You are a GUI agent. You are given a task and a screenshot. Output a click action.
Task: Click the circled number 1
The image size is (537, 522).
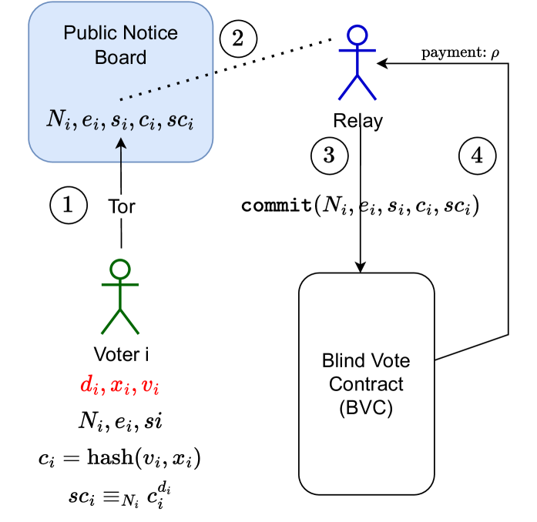[68, 205]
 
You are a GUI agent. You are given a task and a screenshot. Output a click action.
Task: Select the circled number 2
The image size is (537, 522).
[238, 38]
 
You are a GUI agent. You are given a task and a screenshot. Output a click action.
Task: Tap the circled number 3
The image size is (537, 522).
[329, 156]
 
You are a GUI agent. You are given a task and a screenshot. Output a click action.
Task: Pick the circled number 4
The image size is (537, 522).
[477, 156]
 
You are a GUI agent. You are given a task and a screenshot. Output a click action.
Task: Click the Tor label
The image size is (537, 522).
[121, 206]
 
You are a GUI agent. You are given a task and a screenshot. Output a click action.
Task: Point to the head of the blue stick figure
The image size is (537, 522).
[357, 35]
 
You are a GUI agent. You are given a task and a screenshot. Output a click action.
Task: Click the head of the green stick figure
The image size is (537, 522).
[119, 269]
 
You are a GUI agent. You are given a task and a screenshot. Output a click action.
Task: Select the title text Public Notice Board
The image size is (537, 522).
[120, 45]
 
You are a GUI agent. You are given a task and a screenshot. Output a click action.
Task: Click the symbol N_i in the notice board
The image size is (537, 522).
[58, 120]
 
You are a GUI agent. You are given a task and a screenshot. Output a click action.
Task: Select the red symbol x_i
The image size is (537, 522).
[119, 386]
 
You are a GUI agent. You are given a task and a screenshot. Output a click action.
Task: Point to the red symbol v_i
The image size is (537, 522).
[150, 386]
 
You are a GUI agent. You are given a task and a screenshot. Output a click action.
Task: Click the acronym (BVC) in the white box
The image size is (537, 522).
[366, 408]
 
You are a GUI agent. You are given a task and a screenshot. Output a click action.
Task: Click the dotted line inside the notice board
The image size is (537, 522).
[164, 87]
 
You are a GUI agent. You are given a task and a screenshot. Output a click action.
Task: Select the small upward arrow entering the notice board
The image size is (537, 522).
[121, 151]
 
